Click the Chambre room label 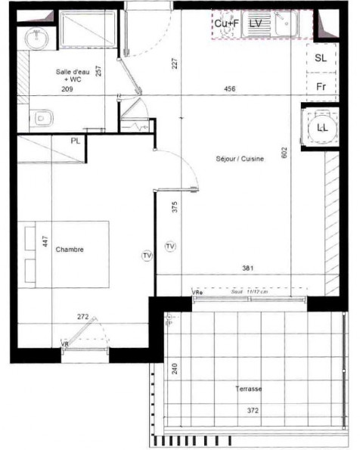70,250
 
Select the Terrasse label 248,389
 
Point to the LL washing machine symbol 322,127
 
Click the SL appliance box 321,58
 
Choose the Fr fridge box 321,86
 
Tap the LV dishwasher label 256,23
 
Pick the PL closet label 76,141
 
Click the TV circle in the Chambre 147,256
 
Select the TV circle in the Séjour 169,246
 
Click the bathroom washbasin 36,37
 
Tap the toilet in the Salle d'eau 42,117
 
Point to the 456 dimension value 230,89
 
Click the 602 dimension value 285,154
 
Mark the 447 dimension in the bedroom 45,242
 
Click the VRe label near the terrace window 197,292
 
